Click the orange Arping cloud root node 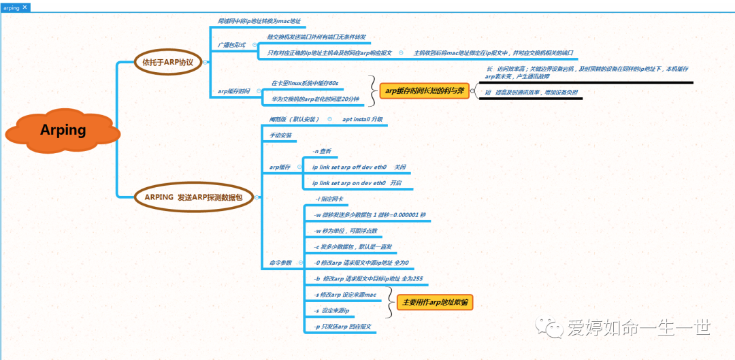63,129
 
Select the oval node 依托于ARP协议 167,62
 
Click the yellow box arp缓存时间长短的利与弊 425,90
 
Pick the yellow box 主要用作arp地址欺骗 435,302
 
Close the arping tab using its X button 25,7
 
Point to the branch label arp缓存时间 233,91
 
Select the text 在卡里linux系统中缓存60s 305,83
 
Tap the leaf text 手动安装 280,135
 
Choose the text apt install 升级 362,119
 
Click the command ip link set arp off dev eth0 349,167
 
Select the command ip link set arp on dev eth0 348,183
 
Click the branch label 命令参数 280,263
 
